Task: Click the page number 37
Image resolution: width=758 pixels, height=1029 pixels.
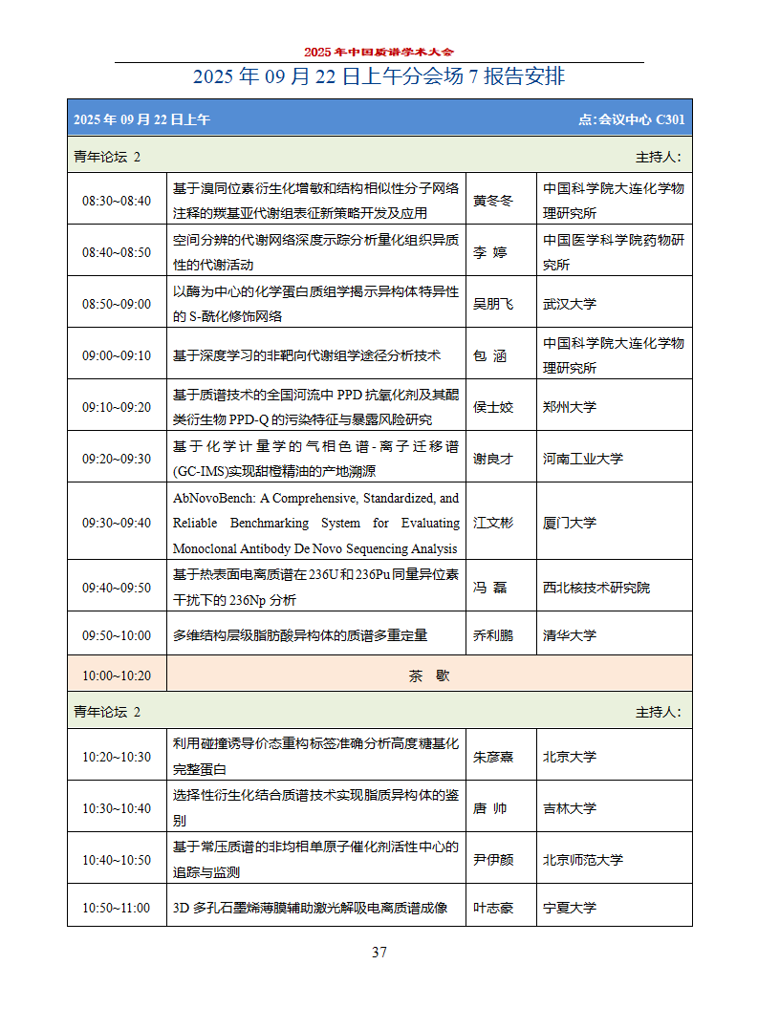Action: [x=379, y=952]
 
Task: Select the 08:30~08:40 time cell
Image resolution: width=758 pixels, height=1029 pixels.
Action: [x=117, y=201]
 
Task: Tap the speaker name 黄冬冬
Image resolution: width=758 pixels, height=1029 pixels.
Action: [x=493, y=201]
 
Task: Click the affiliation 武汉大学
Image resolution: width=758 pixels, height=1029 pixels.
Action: [x=570, y=304]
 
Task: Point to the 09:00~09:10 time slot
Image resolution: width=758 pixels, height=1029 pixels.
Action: [x=117, y=355]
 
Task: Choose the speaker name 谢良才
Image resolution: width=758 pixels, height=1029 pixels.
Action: [x=493, y=459]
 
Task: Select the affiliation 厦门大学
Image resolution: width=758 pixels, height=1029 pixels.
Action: [x=570, y=523]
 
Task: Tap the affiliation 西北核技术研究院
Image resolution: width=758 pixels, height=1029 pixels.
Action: [x=596, y=588]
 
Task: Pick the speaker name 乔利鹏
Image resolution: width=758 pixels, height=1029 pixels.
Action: [x=493, y=635]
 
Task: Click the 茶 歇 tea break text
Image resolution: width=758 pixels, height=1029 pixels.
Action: [x=429, y=675]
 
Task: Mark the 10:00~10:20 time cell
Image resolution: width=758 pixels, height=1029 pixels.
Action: [x=117, y=675]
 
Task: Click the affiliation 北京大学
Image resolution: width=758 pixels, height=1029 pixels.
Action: [x=570, y=757]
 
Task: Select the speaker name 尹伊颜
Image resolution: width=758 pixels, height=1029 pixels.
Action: [x=493, y=860]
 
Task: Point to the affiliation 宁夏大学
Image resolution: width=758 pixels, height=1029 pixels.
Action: [x=570, y=908]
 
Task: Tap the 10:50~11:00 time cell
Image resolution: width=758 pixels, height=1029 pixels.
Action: [x=117, y=908]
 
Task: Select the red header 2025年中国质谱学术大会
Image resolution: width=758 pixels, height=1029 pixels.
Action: [x=379, y=52]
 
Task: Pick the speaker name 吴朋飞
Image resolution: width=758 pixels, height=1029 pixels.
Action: [x=493, y=304]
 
